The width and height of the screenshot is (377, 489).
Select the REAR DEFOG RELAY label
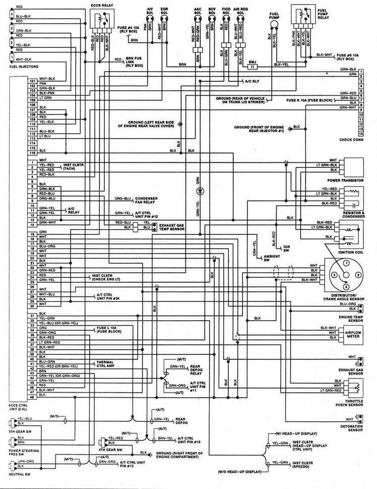click(x=197, y=370)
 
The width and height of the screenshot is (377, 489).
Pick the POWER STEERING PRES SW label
click(x=15, y=454)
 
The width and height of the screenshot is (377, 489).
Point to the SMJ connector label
click(x=253, y=59)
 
